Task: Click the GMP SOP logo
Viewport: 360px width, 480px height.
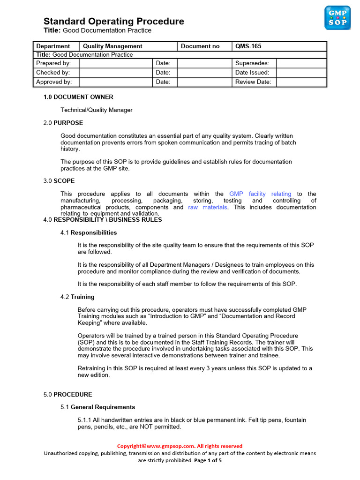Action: click(x=337, y=18)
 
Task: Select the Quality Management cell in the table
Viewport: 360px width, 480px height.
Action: click(x=112, y=46)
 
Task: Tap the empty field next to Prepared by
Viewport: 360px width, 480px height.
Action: click(x=116, y=63)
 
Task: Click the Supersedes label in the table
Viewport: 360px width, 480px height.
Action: click(x=252, y=63)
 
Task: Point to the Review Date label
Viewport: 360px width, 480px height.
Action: click(x=253, y=82)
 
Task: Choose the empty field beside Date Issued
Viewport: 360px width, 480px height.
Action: click(x=301, y=73)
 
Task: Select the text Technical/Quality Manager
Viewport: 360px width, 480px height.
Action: click(x=97, y=110)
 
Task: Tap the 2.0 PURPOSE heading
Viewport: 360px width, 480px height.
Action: click(x=63, y=123)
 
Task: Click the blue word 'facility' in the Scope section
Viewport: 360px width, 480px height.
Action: click(x=257, y=194)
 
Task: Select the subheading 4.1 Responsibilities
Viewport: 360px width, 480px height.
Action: click(x=89, y=232)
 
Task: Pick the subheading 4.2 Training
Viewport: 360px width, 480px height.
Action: click(x=77, y=297)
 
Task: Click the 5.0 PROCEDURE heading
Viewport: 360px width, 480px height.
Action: click(x=68, y=394)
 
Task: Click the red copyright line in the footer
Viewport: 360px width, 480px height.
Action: click(x=180, y=446)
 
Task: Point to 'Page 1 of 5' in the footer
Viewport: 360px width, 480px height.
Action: click(x=208, y=460)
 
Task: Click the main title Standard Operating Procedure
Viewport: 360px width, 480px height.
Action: click(x=114, y=21)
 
